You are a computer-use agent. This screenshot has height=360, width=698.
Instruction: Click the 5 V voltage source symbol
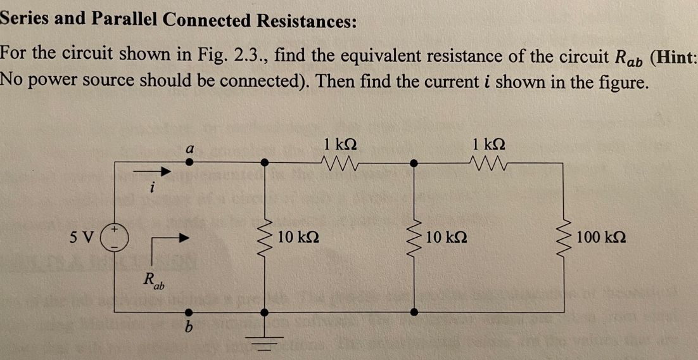[115, 238]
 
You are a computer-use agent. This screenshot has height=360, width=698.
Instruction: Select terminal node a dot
[188, 162]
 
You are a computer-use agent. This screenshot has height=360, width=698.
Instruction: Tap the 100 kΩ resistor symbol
[563, 238]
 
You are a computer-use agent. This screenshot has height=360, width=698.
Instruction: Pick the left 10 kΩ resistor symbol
[265, 238]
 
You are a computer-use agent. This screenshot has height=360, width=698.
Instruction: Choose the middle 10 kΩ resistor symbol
[414, 238]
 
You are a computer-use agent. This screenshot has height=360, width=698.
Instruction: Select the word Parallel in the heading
[124, 20]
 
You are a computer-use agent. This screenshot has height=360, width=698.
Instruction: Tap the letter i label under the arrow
[151, 188]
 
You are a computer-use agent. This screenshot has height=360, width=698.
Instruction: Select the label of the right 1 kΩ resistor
[489, 145]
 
